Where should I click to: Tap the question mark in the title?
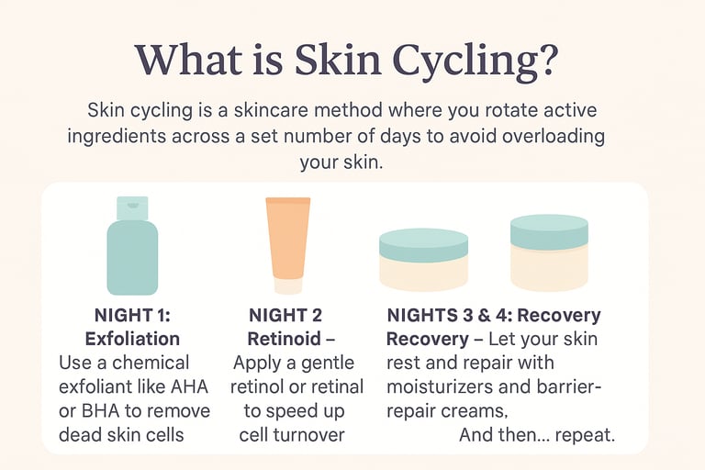coord(544,59)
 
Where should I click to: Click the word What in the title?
coord(189,59)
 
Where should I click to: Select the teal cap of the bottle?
coord(132,208)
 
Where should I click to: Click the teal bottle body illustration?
coord(132,257)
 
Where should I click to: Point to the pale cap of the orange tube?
coord(287,286)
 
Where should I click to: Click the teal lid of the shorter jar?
coord(423,245)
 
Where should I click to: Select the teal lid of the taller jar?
coord(550,231)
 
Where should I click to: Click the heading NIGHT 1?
coord(132,315)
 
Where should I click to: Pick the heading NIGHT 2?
coord(285,315)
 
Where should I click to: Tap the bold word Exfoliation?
coord(132,339)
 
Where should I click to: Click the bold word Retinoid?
coord(285,339)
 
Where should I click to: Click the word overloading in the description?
coord(553,136)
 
